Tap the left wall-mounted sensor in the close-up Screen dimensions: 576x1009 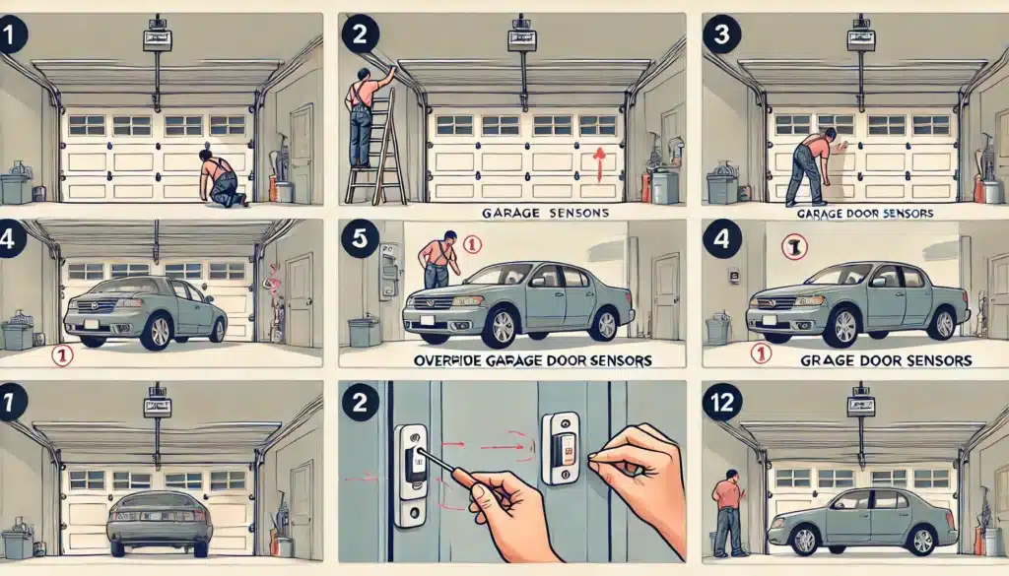[x=412, y=475]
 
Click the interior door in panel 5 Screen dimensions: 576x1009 [x=666, y=295]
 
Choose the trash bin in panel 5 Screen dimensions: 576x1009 [x=364, y=331]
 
